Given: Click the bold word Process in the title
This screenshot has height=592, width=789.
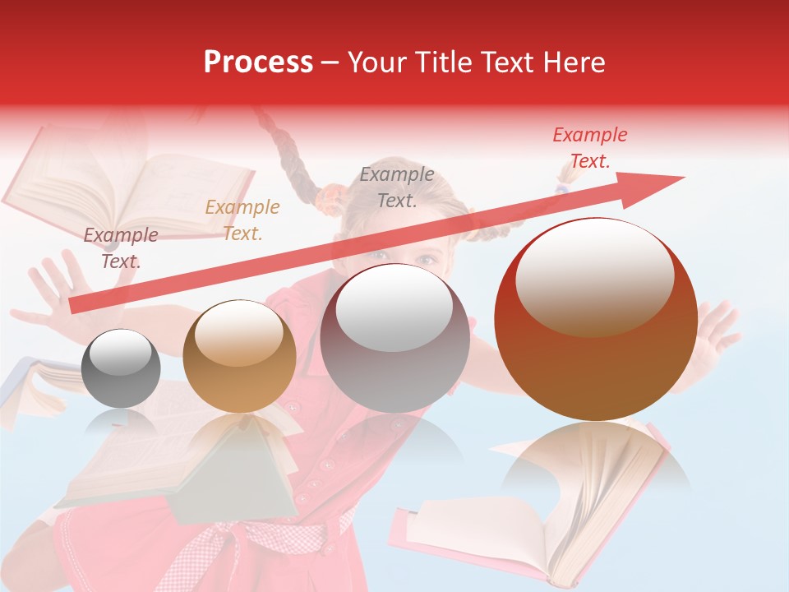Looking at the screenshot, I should [x=258, y=62].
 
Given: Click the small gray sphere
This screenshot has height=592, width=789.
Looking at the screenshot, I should [x=122, y=368].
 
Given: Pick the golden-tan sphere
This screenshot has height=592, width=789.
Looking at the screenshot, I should [x=239, y=356].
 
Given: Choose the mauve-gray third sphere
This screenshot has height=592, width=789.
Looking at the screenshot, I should [x=394, y=338].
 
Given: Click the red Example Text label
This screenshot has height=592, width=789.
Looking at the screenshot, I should [x=589, y=148].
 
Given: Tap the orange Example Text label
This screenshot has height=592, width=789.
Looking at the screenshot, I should [x=242, y=220].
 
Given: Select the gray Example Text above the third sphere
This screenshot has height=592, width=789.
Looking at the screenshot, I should [x=397, y=187].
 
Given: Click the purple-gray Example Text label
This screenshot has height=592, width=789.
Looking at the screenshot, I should [x=121, y=247].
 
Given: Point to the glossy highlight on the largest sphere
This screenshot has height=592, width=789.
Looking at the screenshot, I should [x=594, y=277].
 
